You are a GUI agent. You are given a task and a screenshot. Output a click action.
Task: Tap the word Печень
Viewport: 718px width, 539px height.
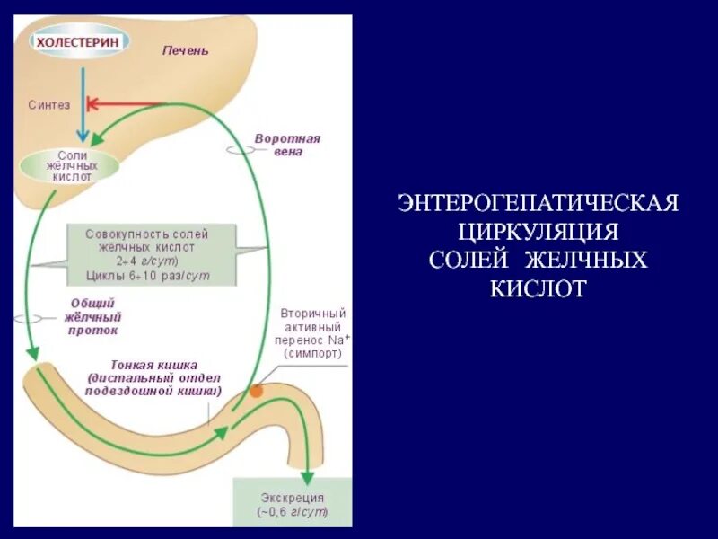(x=185, y=50)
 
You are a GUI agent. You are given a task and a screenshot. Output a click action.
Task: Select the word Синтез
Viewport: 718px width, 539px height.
(x=48, y=105)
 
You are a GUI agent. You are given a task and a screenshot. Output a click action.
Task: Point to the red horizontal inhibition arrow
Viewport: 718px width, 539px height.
(x=126, y=103)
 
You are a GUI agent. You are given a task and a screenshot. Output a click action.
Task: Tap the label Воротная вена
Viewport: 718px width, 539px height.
(x=287, y=146)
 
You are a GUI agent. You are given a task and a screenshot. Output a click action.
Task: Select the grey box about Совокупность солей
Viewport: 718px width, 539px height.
(x=152, y=254)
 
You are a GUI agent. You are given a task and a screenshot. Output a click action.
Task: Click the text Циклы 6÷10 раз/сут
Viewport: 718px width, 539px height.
(x=148, y=275)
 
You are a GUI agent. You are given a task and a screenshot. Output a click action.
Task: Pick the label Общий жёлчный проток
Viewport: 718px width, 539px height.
(x=92, y=316)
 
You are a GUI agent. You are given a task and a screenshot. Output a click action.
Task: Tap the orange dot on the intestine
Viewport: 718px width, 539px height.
(x=257, y=392)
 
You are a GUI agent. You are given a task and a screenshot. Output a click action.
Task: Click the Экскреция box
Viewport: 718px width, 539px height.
(x=293, y=504)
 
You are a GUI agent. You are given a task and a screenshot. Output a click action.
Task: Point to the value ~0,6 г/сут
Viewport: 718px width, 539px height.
(x=293, y=513)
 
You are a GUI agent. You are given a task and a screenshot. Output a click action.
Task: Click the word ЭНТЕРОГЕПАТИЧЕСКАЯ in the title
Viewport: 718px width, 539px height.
(x=538, y=202)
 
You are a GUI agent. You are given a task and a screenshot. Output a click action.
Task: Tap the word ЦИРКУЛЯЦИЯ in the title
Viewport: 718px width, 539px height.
(x=538, y=231)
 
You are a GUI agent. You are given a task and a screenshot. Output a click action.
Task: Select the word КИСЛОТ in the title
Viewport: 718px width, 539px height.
(x=538, y=288)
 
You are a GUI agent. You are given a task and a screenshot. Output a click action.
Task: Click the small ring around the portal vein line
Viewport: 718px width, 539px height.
(x=239, y=148)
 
